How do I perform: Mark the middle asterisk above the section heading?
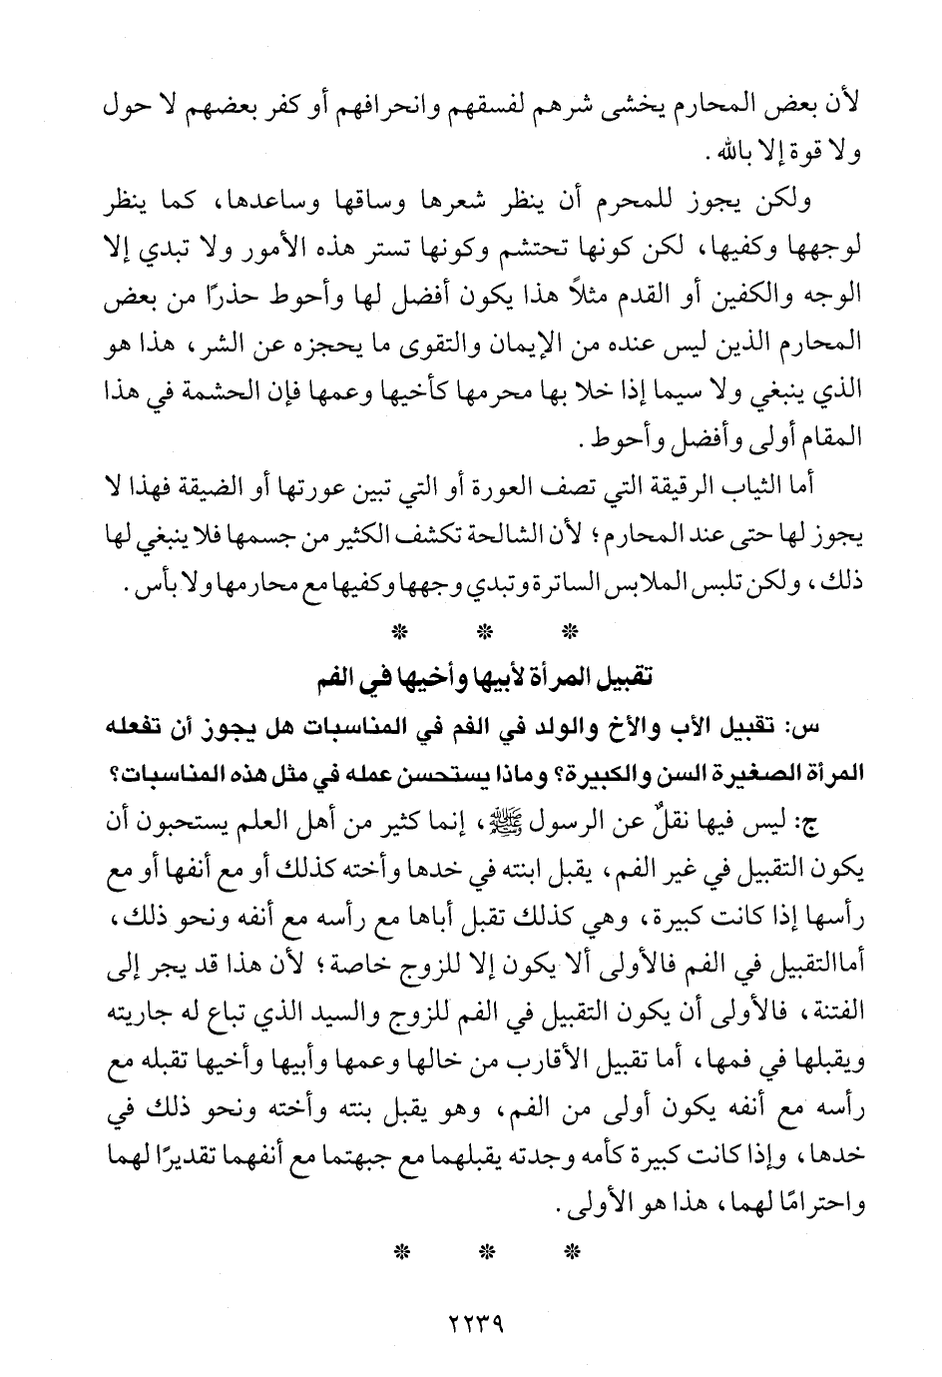click(484, 631)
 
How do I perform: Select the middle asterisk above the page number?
click(484, 1253)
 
